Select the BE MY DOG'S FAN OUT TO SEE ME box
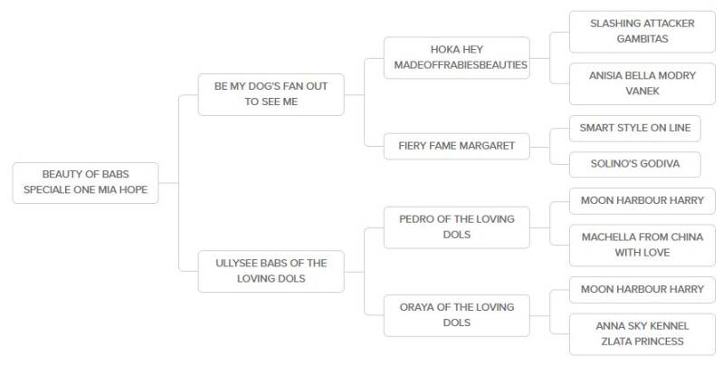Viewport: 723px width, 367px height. [271, 93]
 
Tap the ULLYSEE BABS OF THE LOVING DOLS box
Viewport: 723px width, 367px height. [271, 271]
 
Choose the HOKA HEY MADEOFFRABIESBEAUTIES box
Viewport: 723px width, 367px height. [455, 57]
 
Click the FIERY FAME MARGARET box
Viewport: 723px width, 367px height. [455, 145]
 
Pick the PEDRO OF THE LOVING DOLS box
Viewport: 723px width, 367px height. [455, 227]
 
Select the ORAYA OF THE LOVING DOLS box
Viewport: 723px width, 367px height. [455, 315]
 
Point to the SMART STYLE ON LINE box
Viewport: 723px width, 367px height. [635, 129]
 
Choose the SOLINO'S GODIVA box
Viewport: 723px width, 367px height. [635, 164]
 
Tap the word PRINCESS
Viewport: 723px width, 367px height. [661, 342]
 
